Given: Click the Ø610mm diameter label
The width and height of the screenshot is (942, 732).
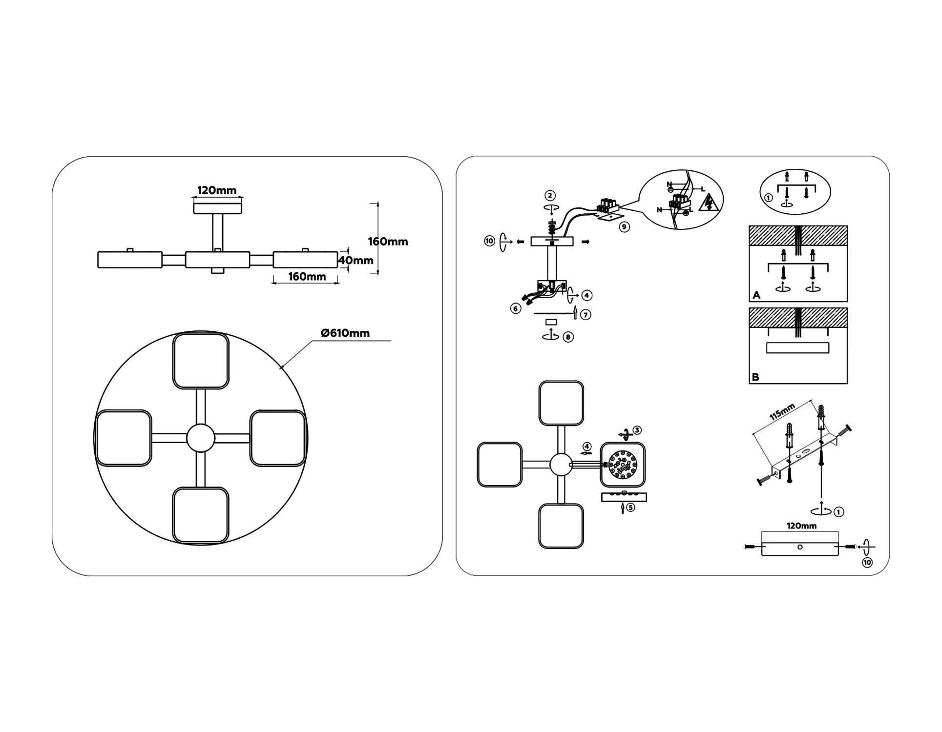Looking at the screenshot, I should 345,333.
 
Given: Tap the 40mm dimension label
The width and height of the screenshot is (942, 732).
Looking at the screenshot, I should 356,261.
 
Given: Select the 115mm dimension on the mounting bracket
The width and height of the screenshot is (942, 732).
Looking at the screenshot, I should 782,412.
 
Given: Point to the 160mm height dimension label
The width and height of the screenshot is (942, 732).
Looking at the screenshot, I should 388,242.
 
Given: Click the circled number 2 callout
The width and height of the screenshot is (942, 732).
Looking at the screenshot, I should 550,196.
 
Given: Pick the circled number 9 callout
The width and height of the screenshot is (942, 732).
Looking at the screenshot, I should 624,227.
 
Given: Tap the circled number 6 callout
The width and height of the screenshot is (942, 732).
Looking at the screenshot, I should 515,308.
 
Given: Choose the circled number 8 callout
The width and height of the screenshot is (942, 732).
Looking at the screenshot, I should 568,337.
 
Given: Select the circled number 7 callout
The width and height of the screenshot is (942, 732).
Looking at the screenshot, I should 586,315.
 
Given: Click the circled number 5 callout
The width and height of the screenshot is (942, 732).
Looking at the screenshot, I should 630,508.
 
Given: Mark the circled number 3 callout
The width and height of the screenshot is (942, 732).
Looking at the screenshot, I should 637,430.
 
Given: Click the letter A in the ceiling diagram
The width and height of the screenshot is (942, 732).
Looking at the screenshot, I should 756,295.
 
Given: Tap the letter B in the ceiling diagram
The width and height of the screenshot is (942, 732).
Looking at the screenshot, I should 755,377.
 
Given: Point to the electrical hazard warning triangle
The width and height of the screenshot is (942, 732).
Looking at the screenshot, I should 708,203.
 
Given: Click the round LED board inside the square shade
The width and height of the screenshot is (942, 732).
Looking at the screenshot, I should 622,465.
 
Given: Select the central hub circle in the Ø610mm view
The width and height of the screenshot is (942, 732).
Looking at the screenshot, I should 201,438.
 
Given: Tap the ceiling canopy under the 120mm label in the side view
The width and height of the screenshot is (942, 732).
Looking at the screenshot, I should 217,208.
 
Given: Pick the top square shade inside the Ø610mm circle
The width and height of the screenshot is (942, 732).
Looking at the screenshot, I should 201,361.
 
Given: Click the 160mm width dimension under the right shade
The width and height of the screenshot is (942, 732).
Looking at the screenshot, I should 307,277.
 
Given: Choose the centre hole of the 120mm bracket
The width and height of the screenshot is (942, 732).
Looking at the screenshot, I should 800,547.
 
